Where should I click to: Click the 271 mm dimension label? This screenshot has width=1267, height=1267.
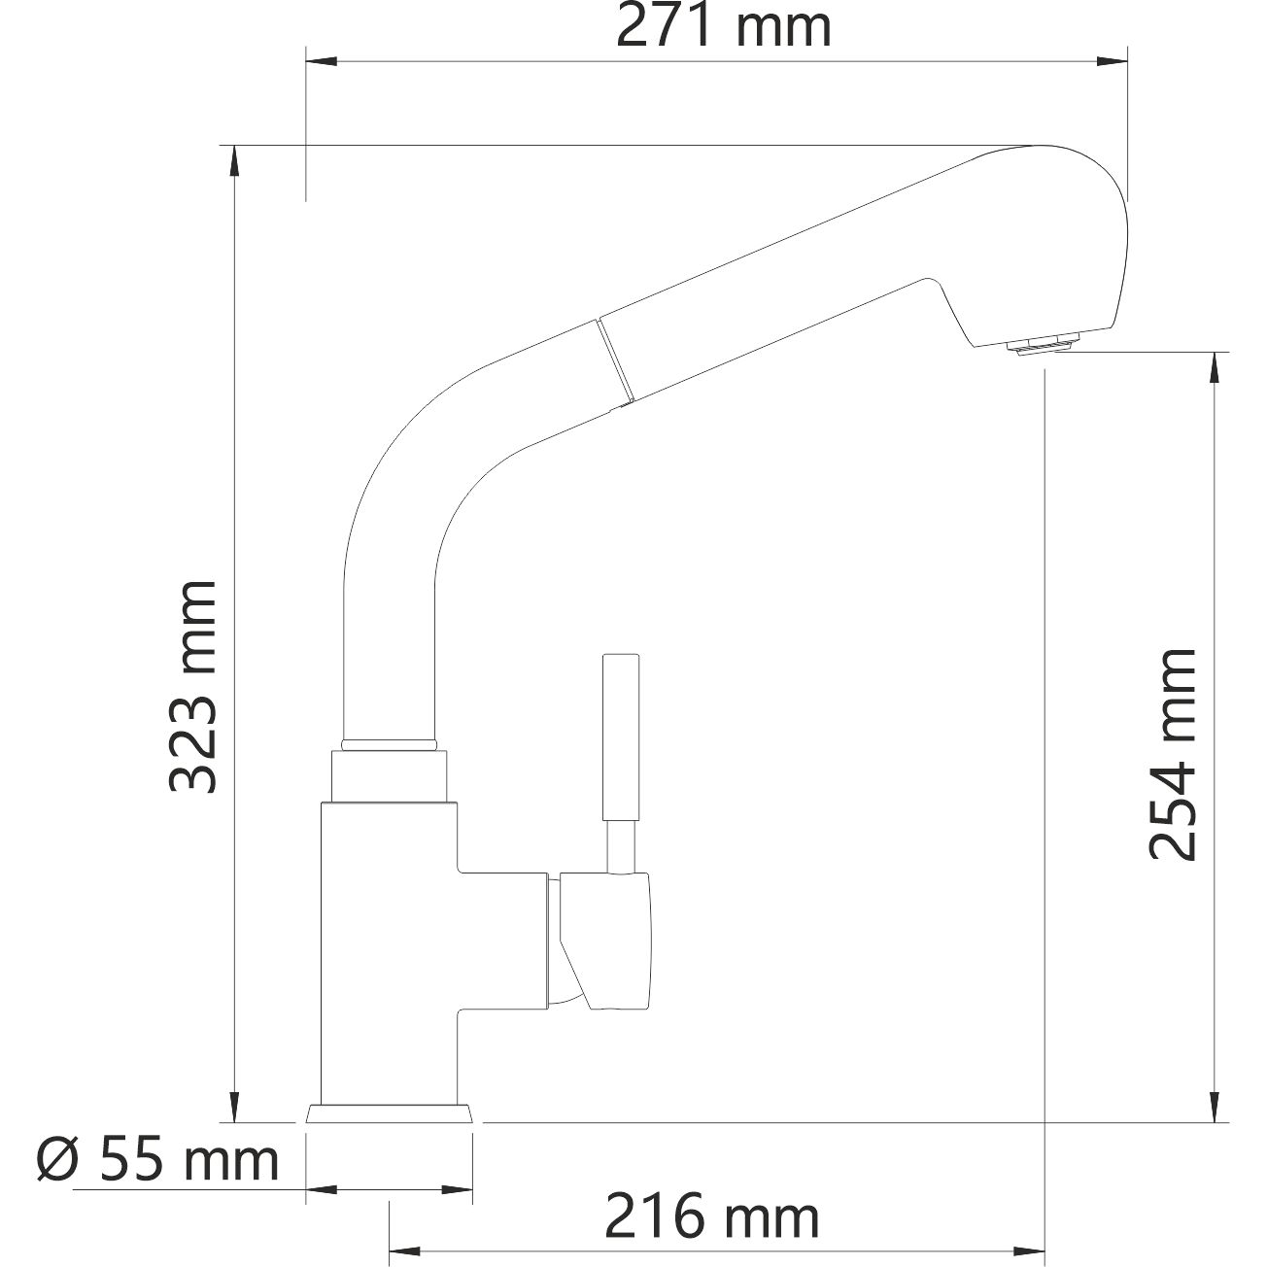724,27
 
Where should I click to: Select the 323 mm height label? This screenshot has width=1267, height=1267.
191,687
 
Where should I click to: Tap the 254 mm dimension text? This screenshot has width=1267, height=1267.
1170,754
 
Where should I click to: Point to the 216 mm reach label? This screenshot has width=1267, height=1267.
712,1216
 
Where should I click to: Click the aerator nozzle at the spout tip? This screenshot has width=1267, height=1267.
1044,343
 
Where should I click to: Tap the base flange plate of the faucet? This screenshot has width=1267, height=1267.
391,1113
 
